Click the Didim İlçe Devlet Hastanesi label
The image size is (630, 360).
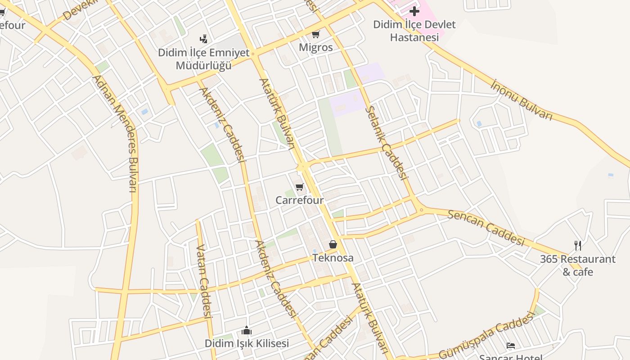click(x=414, y=31)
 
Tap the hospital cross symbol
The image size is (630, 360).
click(x=414, y=11)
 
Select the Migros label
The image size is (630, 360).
click(x=316, y=47)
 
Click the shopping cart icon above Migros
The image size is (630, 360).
click(x=316, y=34)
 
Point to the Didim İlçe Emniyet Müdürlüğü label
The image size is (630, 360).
click(x=203, y=59)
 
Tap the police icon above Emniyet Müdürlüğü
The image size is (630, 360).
click(x=204, y=39)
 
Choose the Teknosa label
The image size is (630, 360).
click(x=333, y=258)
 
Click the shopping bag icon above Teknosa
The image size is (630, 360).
click(x=333, y=244)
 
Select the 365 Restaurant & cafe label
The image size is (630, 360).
click(x=578, y=265)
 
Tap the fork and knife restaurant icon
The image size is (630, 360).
click(x=578, y=245)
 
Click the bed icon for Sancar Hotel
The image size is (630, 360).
click(x=511, y=346)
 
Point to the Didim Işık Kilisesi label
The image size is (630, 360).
click(x=247, y=343)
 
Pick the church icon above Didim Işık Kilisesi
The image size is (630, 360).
click(x=247, y=331)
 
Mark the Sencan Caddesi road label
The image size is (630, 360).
click(x=486, y=227)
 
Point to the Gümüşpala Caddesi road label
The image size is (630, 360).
click(x=486, y=335)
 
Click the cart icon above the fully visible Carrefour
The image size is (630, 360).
click(x=300, y=187)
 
